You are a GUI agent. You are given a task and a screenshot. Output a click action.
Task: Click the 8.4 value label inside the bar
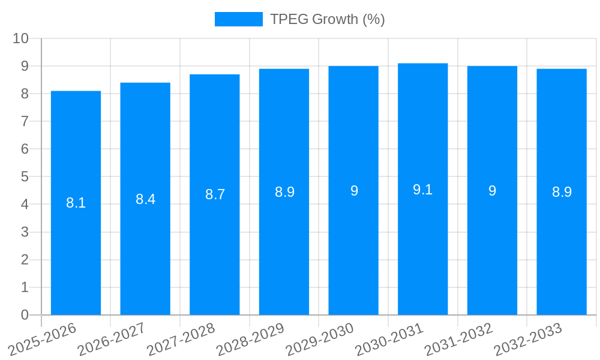(145, 199)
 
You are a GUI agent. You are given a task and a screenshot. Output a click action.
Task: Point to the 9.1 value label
(423, 190)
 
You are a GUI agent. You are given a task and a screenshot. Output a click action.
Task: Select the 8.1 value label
(76, 203)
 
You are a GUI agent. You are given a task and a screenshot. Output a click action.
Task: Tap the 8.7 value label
(215, 194)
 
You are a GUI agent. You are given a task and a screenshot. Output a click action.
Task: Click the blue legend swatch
(238, 19)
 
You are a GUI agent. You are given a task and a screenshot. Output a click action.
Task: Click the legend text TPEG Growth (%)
(327, 19)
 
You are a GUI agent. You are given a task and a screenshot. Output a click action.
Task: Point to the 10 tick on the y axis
(20, 38)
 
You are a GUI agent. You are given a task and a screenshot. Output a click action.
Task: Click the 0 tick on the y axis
(25, 315)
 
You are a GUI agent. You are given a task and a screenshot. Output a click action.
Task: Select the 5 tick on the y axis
(25, 177)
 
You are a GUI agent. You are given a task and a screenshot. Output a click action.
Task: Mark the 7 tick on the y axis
(25, 121)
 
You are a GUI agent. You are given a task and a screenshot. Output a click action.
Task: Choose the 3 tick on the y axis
(25, 232)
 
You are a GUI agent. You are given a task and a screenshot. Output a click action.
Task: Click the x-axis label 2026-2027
(112, 339)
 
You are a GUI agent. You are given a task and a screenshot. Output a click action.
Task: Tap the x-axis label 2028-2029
(250, 339)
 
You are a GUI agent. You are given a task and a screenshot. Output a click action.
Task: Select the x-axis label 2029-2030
(320, 339)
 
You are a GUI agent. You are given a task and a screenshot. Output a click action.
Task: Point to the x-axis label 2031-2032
(458, 339)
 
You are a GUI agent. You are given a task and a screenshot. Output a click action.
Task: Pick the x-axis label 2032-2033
(528, 339)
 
